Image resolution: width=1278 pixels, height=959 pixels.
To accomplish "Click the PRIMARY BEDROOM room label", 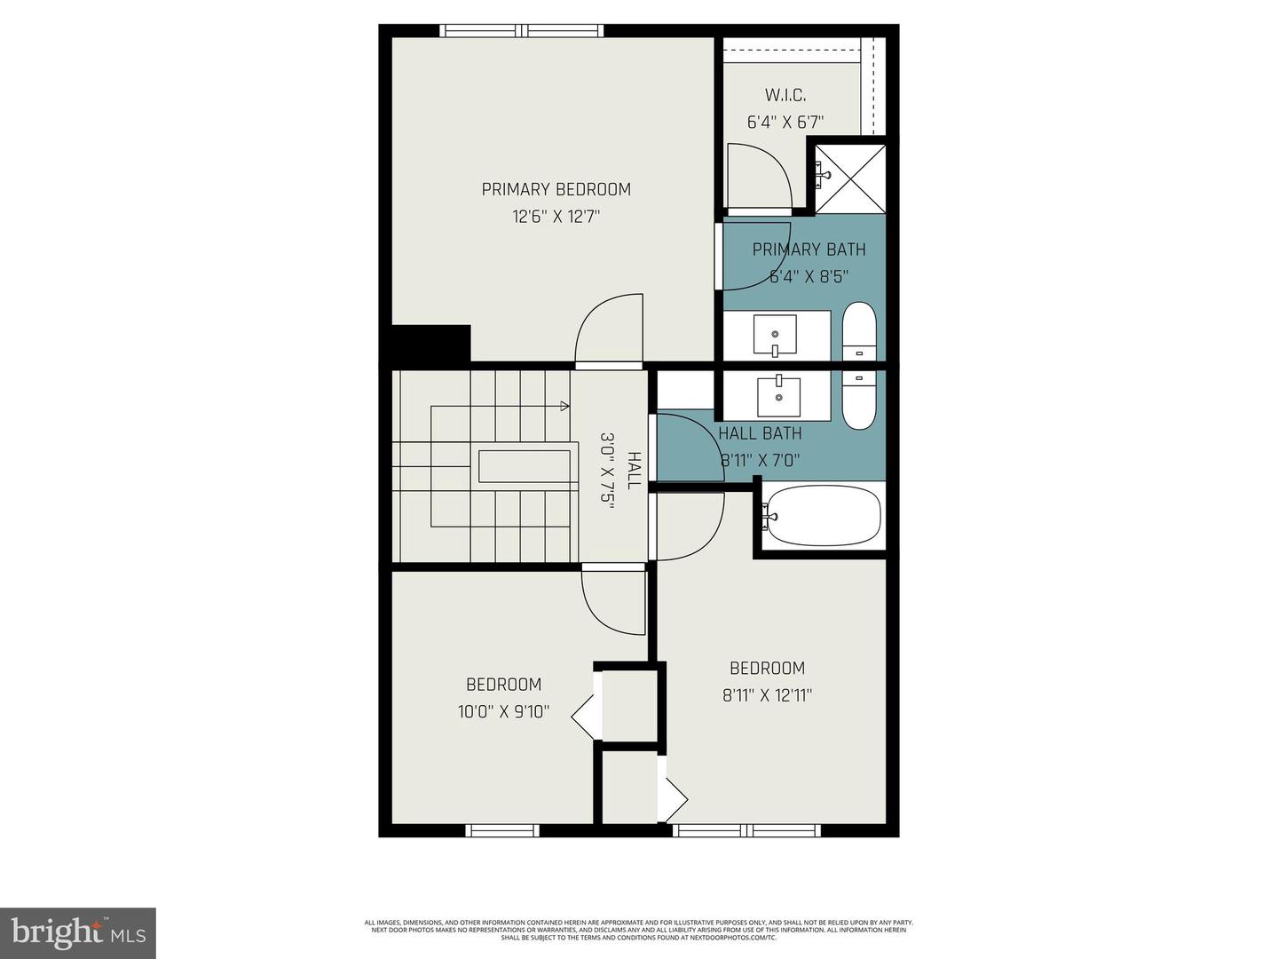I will point(556,189).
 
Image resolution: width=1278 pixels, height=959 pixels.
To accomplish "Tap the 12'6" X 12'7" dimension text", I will point(556,217).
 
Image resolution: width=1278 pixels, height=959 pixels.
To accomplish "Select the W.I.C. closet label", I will point(785,95).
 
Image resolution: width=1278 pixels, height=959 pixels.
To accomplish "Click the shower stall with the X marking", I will point(850,178).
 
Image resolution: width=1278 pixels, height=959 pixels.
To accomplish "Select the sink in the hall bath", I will point(778,396).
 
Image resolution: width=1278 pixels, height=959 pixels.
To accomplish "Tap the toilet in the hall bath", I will point(858,400).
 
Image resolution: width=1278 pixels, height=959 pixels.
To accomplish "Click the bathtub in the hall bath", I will point(823,516).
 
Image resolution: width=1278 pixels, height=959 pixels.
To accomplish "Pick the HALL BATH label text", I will point(760,433).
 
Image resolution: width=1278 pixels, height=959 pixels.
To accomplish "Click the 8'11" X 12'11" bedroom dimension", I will point(767,695).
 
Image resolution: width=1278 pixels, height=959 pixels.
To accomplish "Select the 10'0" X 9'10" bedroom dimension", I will point(503,711).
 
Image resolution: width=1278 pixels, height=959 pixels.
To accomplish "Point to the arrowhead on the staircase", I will point(564,407).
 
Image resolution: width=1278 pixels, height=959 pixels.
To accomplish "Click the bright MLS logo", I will point(78,932).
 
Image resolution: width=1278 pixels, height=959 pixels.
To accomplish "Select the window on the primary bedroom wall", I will point(523,31).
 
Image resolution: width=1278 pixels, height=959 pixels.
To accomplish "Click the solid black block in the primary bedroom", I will point(430,344).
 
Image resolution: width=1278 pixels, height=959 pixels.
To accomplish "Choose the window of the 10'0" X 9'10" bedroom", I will point(502,831).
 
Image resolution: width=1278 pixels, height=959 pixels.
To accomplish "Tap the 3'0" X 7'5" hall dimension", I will point(608,469).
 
